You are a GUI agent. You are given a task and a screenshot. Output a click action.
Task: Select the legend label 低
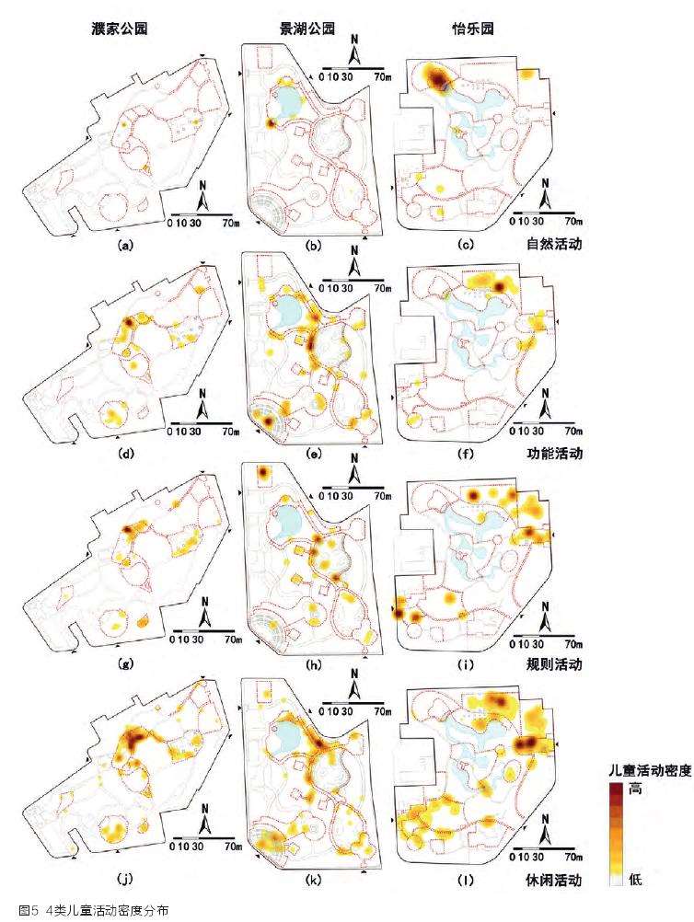coord(634,881)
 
